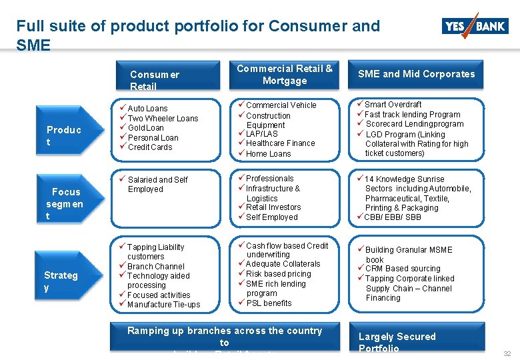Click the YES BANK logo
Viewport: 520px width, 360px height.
pos(474,26)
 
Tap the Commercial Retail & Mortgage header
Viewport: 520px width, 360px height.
pos(285,75)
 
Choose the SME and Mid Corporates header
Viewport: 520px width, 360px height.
pos(417,74)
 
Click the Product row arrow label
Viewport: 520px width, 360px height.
pos(63,135)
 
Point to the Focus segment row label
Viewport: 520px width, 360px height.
pos(65,204)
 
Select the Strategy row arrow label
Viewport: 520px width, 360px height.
pos(61,281)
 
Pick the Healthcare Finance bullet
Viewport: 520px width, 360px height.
pos(280,143)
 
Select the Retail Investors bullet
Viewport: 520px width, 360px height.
pos(273,207)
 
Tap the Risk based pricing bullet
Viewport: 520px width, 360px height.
pos(278,274)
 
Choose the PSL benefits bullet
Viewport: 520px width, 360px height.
pos(269,303)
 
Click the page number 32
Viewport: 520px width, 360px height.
pos(507,353)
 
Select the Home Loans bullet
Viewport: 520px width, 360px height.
pos(268,154)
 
